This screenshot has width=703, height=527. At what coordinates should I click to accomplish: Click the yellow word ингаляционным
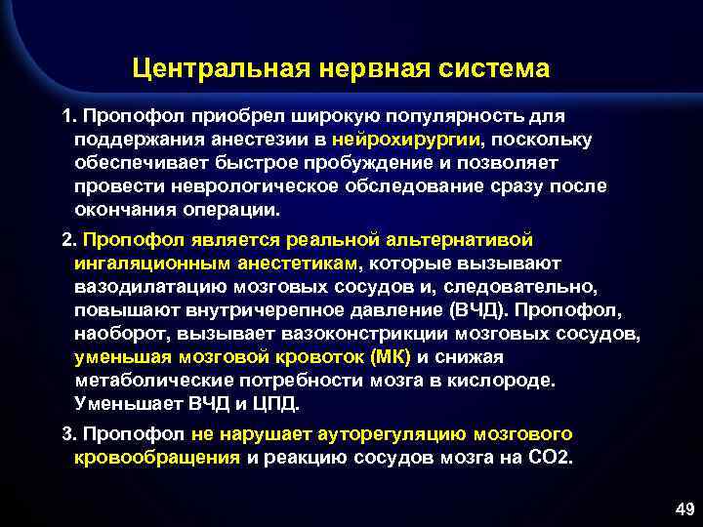pyautogui.click(x=150, y=263)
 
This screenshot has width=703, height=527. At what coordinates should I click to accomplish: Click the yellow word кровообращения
pyautogui.click(x=157, y=458)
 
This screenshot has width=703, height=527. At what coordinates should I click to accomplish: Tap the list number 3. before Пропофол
pyautogui.click(x=68, y=434)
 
